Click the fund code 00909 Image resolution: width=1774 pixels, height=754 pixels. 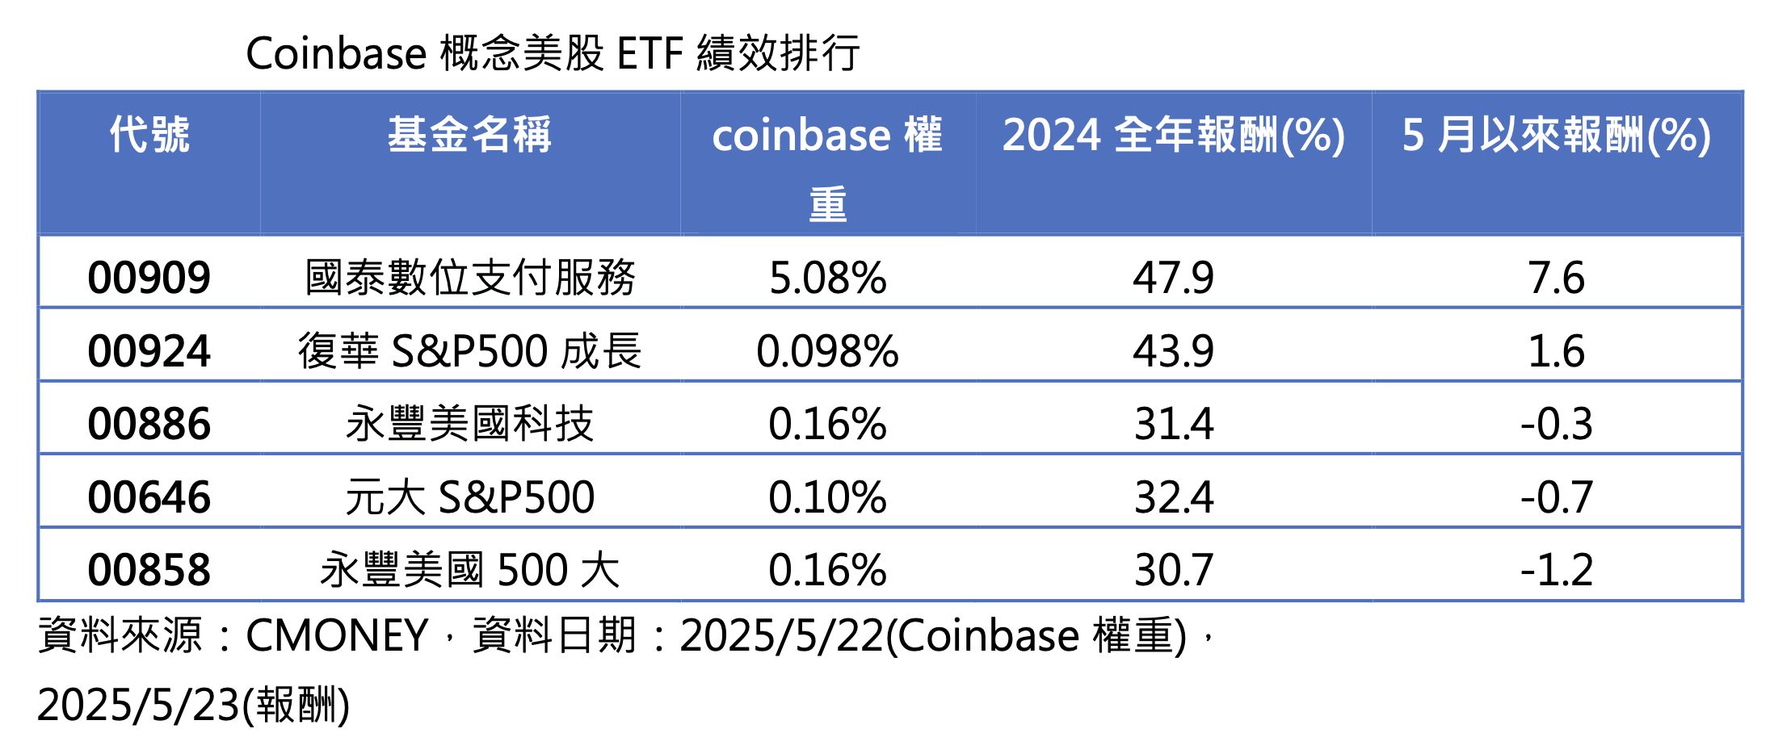pos(149,278)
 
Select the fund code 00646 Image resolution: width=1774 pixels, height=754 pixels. pos(149,496)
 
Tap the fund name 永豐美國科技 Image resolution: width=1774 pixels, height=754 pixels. pos(469,424)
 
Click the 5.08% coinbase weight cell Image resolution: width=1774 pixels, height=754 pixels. pos(827,278)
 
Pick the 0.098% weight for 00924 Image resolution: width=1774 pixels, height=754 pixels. pos(827,351)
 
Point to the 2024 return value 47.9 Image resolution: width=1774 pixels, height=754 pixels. pos(1173,278)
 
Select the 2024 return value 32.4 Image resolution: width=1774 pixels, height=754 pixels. pos(1173,496)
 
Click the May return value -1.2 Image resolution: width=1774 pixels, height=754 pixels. pos(1556,570)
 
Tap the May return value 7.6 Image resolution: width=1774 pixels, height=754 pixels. pos(1556,278)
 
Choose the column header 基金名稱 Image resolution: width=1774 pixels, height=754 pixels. pos(469,134)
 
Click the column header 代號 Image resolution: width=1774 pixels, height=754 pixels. pos(149,134)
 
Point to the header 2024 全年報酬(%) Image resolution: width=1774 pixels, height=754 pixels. pos(1173,134)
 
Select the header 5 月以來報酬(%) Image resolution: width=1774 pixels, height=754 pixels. pos(1556,134)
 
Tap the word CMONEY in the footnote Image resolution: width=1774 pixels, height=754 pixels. pos(336,635)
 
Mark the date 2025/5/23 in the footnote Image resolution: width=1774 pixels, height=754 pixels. pos(138,705)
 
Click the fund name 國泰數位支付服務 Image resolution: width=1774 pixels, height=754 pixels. pos(469,278)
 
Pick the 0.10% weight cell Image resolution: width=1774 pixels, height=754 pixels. pos(827,496)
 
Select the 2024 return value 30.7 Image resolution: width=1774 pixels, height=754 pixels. pos(1173,570)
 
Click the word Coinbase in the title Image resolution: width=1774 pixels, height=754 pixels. pos(336,54)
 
